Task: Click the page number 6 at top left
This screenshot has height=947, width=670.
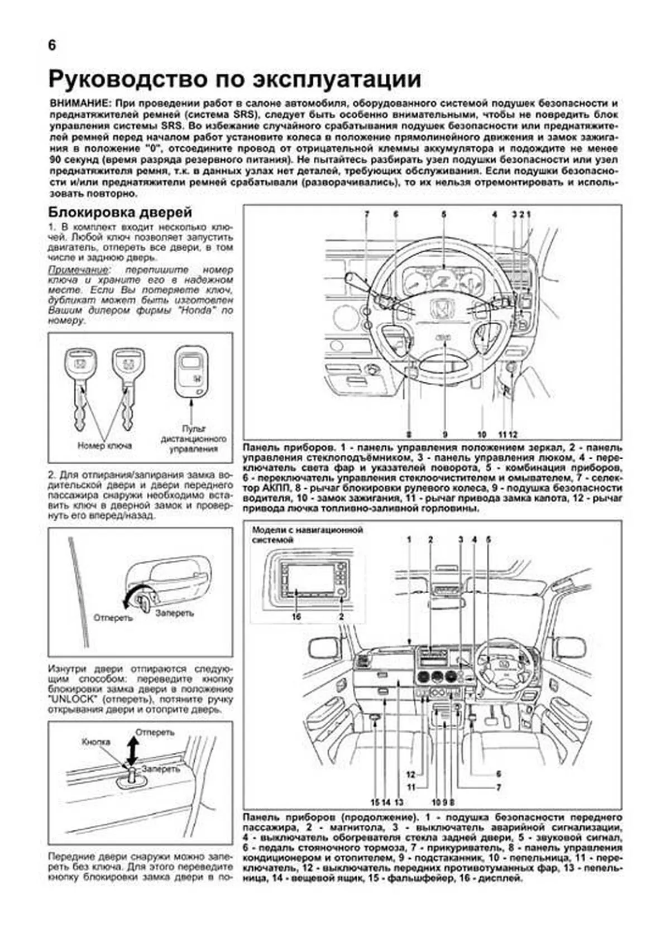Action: (x=52, y=46)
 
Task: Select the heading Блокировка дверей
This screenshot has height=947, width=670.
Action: (x=120, y=212)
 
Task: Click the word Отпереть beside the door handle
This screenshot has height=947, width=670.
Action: (x=113, y=618)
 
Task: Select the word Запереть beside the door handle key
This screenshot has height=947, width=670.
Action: (x=175, y=613)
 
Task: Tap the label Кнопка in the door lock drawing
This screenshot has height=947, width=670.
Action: (x=96, y=742)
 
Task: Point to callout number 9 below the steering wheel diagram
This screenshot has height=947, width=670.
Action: (x=445, y=434)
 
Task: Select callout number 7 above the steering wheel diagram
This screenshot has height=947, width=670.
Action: (x=367, y=214)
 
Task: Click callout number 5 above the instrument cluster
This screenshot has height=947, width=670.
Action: (x=444, y=214)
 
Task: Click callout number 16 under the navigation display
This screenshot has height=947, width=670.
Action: (x=296, y=617)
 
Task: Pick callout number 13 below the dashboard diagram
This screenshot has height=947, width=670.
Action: (x=398, y=802)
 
